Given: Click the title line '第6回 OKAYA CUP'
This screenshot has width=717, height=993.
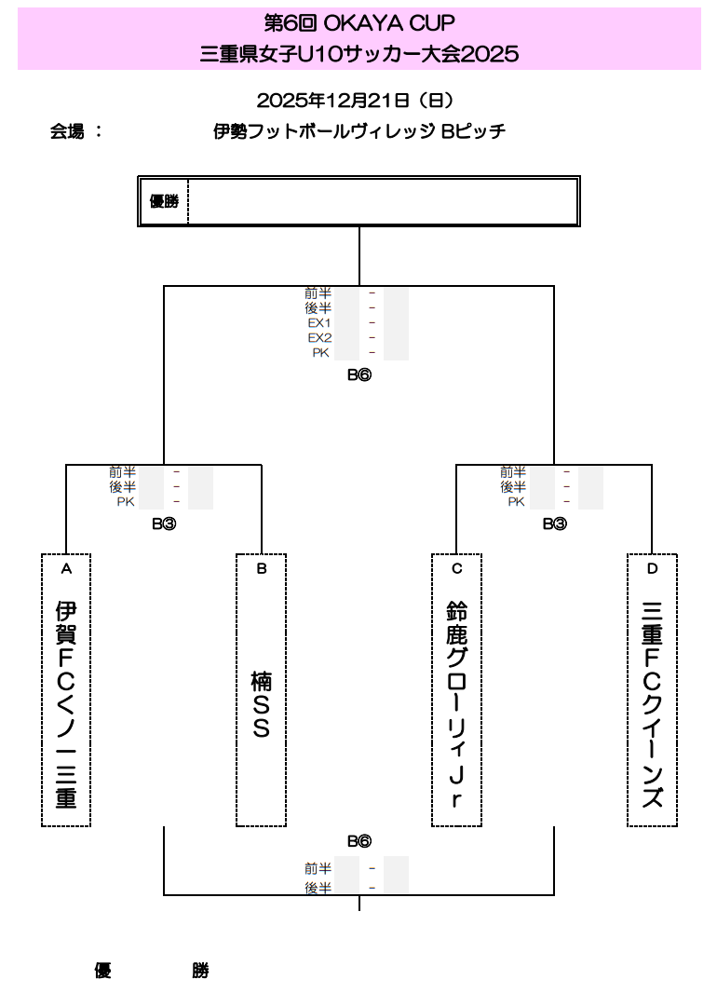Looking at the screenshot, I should coord(358,23).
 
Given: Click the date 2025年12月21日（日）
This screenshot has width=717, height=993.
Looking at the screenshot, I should coord(358,100).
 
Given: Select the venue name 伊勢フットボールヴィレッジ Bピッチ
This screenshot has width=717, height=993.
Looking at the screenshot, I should coord(359,131).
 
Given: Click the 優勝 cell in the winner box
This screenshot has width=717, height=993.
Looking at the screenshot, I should coord(164,201).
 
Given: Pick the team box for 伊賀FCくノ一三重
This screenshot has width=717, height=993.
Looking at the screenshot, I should coord(66,690).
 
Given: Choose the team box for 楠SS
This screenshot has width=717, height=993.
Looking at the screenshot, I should coord(261,690).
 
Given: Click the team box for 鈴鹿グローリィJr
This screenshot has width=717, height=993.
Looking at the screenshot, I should coord(456,690).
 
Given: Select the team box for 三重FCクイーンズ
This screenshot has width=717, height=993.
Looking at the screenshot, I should coord(652,690).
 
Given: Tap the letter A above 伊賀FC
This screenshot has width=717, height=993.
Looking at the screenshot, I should coord(66,568).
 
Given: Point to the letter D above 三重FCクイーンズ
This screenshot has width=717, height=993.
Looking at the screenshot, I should coord(652,568).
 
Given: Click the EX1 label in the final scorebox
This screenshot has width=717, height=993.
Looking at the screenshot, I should coord(319,323).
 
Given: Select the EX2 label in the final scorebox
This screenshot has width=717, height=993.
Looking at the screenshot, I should coord(319,338).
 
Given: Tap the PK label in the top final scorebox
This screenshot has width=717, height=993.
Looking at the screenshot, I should coord(321,353).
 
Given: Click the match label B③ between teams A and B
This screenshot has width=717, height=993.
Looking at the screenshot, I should coord(164,524).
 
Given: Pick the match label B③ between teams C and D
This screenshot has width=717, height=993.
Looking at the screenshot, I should coord(554,524).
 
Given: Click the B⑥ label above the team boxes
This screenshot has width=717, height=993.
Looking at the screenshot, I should coord(359,376).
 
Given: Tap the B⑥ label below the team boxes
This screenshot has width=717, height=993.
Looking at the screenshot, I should coord(359,841).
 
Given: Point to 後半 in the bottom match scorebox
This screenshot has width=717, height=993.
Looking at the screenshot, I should coord(318,889).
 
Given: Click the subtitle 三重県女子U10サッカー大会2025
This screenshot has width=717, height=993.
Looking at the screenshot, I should coord(358,54).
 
